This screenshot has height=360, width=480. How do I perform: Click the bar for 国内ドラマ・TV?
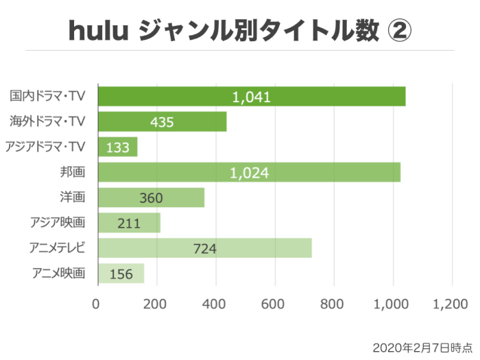(252, 97)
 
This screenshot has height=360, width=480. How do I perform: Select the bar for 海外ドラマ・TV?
(163, 122)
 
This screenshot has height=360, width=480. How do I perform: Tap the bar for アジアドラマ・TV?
(118, 147)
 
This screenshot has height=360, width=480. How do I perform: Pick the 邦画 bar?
(249, 172)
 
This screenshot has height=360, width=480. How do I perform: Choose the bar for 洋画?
(152, 197)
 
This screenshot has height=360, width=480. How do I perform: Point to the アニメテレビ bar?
(205, 248)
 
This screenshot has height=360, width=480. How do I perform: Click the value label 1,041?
(252, 97)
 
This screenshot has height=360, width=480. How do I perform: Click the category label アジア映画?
(58, 222)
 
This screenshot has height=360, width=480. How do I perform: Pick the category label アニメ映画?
(59, 273)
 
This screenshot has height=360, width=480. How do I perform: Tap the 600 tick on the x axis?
(275, 304)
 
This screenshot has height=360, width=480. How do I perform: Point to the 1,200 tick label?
(452, 304)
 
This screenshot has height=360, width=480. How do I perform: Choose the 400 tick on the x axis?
(215, 304)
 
